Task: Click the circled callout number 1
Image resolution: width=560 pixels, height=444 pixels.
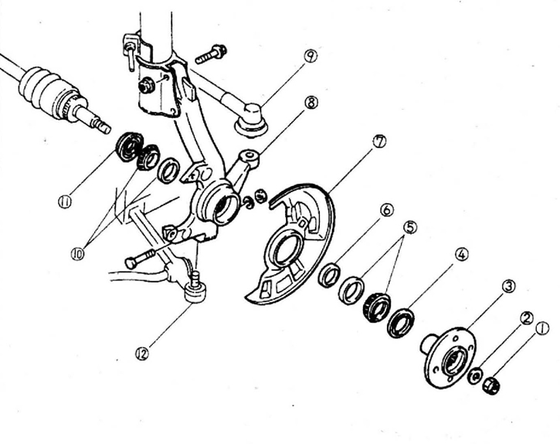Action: [x=541, y=327]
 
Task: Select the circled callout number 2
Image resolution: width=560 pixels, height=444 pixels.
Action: [x=526, y=317]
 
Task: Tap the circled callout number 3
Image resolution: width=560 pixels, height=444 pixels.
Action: [x=508, y=286]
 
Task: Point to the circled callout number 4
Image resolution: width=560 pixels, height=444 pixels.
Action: [x=461, y=253]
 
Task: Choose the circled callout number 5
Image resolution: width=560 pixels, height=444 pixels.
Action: [x=410, y=227]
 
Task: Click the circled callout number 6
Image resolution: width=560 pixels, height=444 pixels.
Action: [x=386, y=210]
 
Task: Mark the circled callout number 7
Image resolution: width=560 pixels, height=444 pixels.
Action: [x=378, y=141]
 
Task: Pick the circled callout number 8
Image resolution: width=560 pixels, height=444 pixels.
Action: [x=311, y=103]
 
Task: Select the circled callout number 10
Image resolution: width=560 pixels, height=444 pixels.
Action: [x=76, y=253]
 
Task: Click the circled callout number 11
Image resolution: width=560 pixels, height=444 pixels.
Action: [x=63, y=202]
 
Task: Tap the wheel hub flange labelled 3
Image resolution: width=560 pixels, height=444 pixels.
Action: [x=450, y=358]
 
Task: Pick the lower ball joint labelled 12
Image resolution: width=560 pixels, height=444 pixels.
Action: [x=195, y=292]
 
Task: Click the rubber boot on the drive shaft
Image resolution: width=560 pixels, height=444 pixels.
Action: [x=46, y=86]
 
